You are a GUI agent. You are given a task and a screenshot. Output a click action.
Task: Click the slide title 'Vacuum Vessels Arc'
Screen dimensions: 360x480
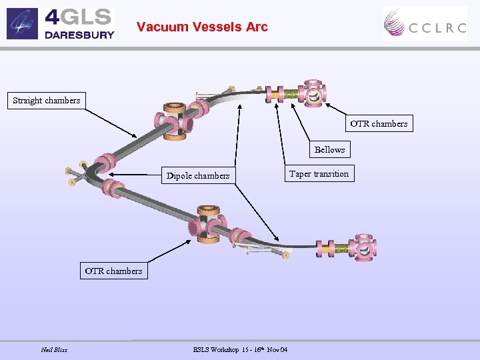click(202, 27)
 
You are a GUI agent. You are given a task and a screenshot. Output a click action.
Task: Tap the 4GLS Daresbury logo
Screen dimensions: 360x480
click(61, 23)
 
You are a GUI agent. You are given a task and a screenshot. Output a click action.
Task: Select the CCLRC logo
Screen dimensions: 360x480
click(425, 24)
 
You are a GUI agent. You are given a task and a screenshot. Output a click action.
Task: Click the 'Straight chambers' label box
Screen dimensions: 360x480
click(47, 101)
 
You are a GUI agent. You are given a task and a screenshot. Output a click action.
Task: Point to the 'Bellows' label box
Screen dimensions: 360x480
click(329, 149)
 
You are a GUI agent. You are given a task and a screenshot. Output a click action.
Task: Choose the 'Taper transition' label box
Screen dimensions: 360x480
click(319, 174)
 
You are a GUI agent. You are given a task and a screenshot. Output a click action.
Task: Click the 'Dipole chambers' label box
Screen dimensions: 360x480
click(198, 176)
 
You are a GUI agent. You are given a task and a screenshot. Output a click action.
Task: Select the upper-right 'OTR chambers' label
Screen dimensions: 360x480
click(379, 123)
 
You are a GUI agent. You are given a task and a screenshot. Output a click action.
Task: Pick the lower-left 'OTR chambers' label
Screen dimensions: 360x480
click(113, 271)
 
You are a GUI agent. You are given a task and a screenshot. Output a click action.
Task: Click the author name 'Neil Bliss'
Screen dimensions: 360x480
click(54, 350)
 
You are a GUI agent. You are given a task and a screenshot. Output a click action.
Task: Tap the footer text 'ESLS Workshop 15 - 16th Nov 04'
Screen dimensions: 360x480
click(240, 350)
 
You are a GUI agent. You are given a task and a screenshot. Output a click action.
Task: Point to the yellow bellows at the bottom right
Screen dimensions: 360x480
click(341, 249)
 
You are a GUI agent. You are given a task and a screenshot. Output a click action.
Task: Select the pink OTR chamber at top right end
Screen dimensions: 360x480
click(312, 95)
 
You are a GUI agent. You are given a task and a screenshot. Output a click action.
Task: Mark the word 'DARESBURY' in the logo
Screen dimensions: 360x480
click(79, 35)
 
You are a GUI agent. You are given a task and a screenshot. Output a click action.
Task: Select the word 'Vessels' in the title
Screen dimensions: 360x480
click(215, 27)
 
